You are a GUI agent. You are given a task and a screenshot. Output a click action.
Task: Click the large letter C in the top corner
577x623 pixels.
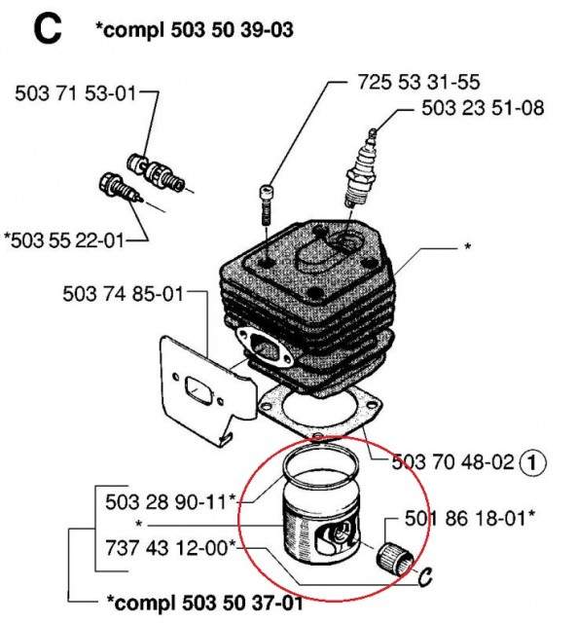point(46,28)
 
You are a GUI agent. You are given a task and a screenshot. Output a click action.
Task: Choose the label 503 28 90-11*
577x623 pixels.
point(171,503)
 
